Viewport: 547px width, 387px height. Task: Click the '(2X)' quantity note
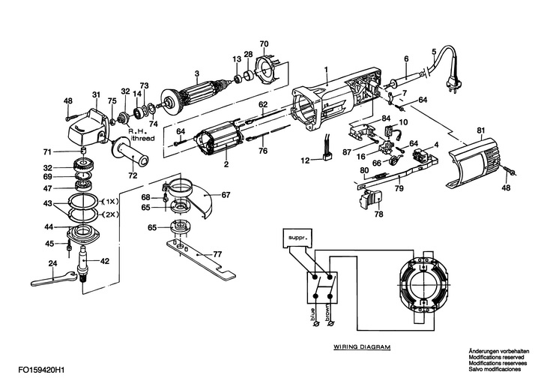[x=107, y=214]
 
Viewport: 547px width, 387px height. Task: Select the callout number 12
[x=304, y=160]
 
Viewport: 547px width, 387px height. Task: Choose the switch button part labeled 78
[x=372, y=200]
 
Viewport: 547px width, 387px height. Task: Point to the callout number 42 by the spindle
[x=105, y=261]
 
